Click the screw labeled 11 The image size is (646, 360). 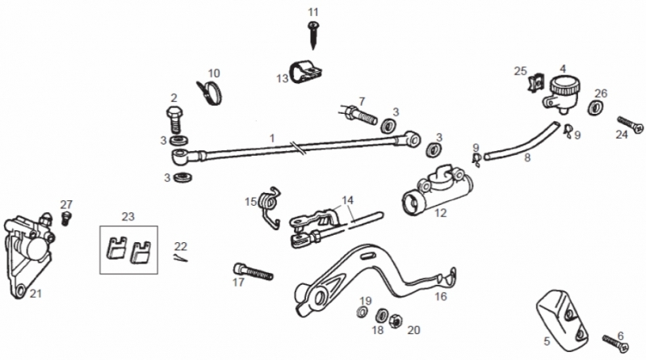pos(313,35)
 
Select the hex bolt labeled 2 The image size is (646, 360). pos(174,119)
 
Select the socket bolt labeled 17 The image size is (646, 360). pos(253,271)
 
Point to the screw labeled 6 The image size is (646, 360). pos(615,343)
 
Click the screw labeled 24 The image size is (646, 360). pos(631,125)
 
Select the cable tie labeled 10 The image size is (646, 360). pos(209,93)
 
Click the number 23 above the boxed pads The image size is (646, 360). pos(128,216)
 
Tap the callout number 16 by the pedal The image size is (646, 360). pos(441,296)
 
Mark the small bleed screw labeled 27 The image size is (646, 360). pos(65,218)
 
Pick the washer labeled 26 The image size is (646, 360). pos(594,107)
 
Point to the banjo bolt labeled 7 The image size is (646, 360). pos(359,114)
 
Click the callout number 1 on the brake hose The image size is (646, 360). pos(272,138)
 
